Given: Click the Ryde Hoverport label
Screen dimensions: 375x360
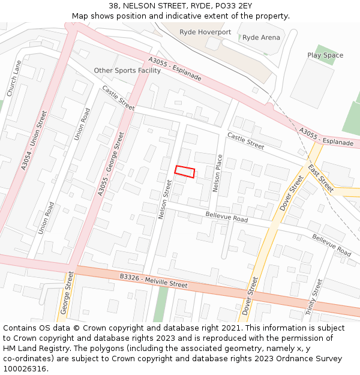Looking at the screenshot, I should [205, 32].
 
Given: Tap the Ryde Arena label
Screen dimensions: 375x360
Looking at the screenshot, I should [261, 37].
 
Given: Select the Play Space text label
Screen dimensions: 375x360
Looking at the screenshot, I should [325, 55].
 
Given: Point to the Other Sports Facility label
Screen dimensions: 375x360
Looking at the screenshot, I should [127, 70].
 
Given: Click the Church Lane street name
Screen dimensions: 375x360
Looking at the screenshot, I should [14, 79].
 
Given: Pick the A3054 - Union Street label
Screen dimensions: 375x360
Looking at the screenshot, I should [34, 140].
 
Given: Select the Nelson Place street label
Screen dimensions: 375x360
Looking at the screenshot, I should [218, 173].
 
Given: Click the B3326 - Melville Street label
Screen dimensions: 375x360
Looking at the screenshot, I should [154, 280].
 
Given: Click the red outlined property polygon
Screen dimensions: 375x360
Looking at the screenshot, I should [185, 171].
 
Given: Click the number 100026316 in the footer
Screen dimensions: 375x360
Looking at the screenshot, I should [26, 368].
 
